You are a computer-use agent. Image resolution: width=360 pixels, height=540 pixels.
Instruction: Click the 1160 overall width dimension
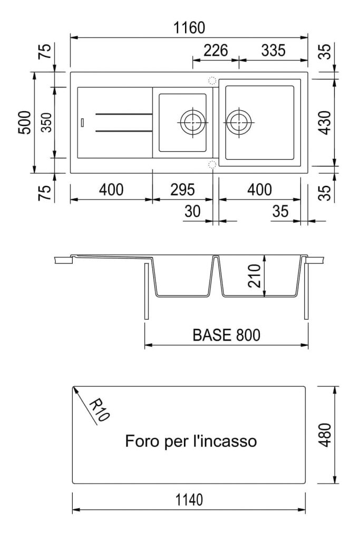189,27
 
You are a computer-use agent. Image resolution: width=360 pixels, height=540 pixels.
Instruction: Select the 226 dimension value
216,50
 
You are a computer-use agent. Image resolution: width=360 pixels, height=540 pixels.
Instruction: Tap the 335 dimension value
273,50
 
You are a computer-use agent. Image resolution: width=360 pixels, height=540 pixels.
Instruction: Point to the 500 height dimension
25,122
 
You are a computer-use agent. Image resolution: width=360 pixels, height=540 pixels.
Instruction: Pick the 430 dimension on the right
324,122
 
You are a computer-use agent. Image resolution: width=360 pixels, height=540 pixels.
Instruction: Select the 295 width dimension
182,190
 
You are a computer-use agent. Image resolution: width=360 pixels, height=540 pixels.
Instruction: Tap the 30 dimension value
192,211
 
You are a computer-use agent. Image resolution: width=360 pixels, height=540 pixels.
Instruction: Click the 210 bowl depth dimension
255,276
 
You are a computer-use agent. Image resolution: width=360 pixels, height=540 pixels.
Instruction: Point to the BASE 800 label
226,335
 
